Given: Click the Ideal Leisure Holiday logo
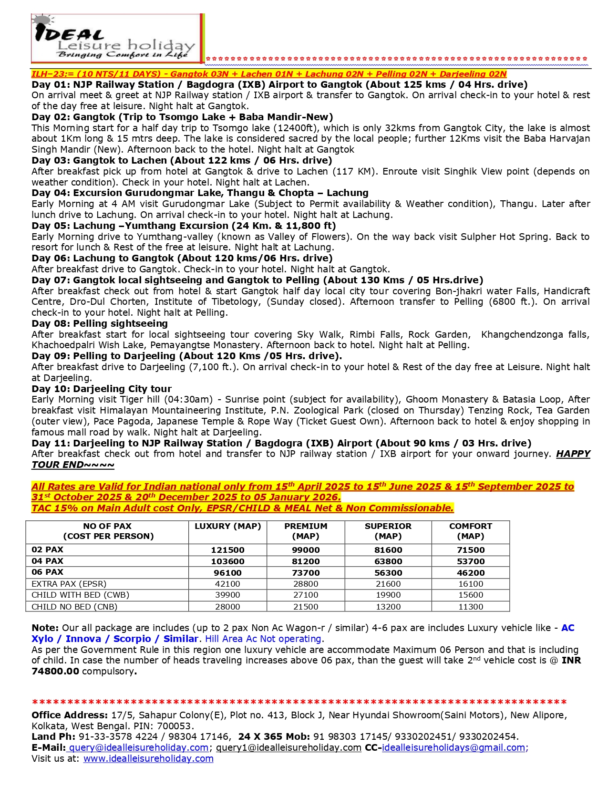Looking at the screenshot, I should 117,39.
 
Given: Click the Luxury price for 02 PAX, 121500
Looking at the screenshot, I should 227,550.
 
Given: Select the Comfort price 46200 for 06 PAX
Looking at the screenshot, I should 470,573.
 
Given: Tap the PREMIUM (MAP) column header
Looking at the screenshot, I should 306,531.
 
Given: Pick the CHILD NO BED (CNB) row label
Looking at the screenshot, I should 74,607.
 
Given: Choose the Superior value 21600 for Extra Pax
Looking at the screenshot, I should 388,584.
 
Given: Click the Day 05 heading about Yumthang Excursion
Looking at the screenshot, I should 184,226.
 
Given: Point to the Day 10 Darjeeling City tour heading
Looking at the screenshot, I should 102,389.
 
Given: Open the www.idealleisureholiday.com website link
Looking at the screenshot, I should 148,758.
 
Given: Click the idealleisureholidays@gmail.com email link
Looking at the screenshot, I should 453,747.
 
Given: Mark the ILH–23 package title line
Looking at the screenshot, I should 268,74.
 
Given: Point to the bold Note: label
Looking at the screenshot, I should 45,628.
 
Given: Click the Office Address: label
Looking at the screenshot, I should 69,715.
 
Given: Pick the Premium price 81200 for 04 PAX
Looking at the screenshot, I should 306,561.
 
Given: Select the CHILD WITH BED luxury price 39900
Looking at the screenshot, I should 227,595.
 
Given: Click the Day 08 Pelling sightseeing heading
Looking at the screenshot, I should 100,323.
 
